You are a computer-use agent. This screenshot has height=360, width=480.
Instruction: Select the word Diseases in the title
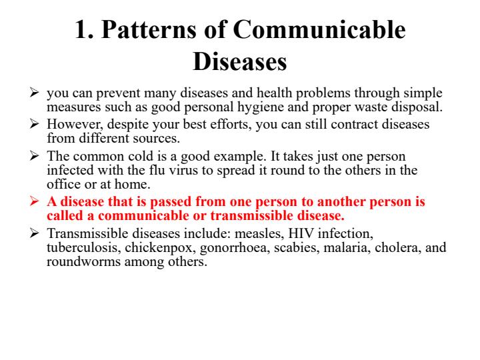pos(240,63)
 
